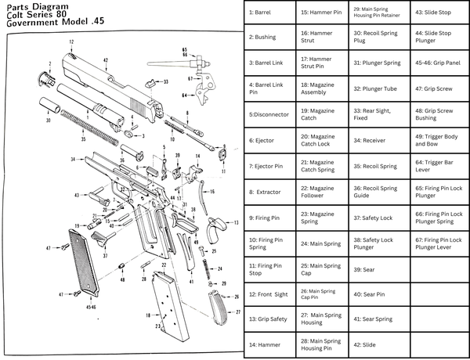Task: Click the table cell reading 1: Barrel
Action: [x=270, y=13]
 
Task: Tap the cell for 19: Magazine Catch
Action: [x=322, y=115]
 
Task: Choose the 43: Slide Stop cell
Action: [x=439, y=13]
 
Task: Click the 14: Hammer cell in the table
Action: [x=270, y=344]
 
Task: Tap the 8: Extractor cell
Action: [x=270, y=191]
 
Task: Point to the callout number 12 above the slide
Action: [x=70, y=41]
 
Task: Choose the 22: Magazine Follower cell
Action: [x=322, y=191]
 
